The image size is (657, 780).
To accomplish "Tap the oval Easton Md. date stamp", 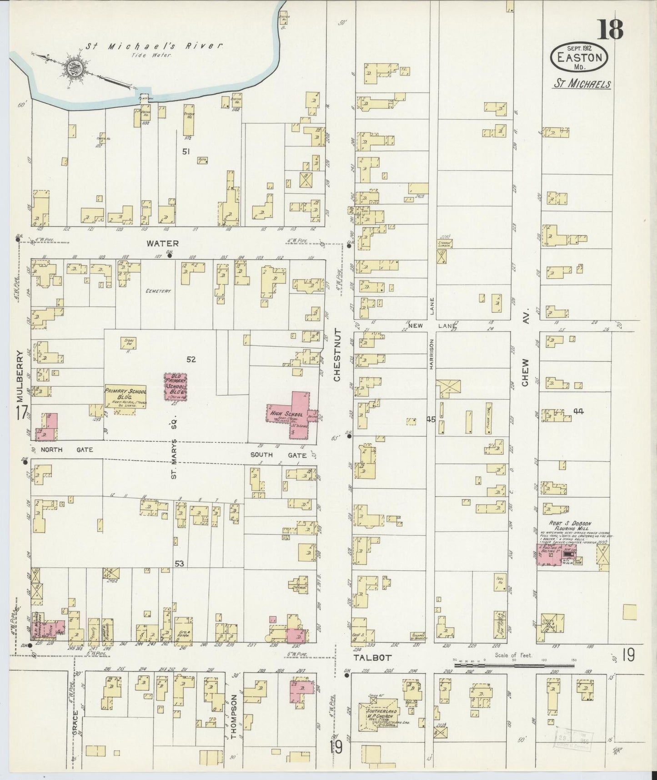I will tap(579, 57).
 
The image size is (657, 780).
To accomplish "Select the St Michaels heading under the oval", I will tap(582, 84).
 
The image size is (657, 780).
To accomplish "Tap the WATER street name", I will tap(162, 243).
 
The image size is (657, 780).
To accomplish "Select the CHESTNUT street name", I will tap(337, 355).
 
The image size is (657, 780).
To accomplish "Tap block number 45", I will tap(431, 420).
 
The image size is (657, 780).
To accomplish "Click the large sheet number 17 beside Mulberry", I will tap(20, 414).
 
